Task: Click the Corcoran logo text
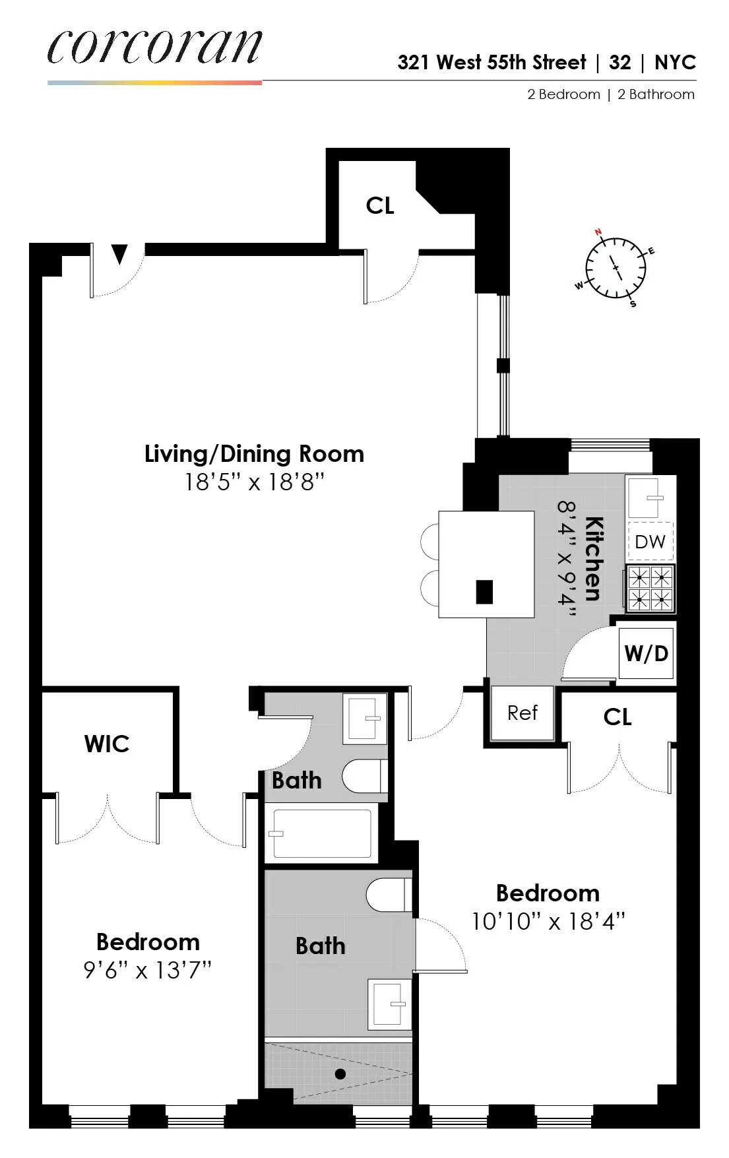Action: click(x=154, y=48)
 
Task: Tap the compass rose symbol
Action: click(x=616, y=268)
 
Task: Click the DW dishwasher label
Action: click(x=650, y=542)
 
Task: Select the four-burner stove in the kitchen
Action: click(x=650, y=588)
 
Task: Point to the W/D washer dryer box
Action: click(x=646, y=653)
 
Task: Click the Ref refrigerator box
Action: click(x=523, y=713)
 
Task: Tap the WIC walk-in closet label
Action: click(x=107, y=744)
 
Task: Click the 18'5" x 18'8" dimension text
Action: click(x=254, y=482)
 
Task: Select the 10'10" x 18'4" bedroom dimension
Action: click(x=548, y=921)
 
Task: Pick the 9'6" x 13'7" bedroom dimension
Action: click(x=147, y=970)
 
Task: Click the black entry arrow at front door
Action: click(x=119, y=254)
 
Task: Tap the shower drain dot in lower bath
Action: click(x=340, y=1074)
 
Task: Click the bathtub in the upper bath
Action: click(x=322, y=834)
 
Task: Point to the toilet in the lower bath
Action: click(x=388, y=895)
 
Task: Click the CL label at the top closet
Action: click(x=380, y=206)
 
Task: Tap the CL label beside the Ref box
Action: click(x=618, y=717)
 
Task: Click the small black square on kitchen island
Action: click(x=484, y=592)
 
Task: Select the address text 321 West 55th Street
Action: click(x=491, y=63)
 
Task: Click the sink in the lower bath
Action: click(x=390, y=1004)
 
